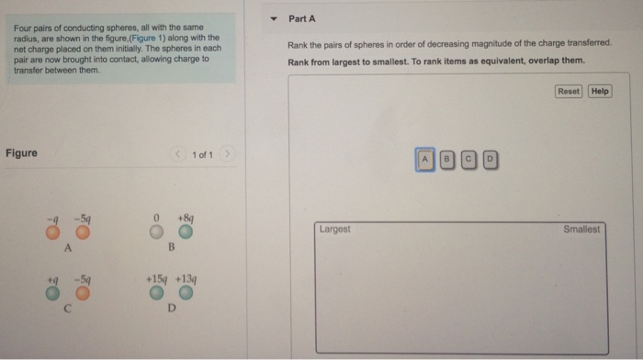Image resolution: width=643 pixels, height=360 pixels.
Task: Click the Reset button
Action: [569, 91]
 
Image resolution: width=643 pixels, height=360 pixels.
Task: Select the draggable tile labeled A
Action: [424, 160]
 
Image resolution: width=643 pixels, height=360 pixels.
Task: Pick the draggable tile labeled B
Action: [447, 160]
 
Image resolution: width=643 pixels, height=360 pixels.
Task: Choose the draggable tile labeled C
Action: [468, 160]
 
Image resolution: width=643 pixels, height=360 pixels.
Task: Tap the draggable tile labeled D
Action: [490, 160]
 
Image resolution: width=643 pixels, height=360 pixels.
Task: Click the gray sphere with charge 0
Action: [156, 231]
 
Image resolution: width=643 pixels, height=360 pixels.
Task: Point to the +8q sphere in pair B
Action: [186, 231]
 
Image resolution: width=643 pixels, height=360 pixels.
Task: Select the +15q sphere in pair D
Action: [156, 293]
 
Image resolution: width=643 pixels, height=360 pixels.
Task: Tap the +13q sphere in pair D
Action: [186, 293]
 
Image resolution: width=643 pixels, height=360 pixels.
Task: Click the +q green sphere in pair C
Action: [52, 293]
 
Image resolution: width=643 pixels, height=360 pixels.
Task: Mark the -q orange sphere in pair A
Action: [53, 232]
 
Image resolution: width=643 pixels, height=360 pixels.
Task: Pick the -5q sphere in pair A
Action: [83, 232]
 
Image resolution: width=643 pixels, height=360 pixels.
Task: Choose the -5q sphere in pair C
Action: [83, 293]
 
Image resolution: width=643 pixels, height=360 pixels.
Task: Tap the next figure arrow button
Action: [227, 153]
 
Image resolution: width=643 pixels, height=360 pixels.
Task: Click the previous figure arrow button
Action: [177, 153]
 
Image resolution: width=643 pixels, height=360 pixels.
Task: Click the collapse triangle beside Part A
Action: [274, 19]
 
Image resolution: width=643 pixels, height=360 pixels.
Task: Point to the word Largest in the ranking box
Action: [335, 229]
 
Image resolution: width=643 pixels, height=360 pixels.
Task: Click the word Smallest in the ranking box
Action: [581, 230]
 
